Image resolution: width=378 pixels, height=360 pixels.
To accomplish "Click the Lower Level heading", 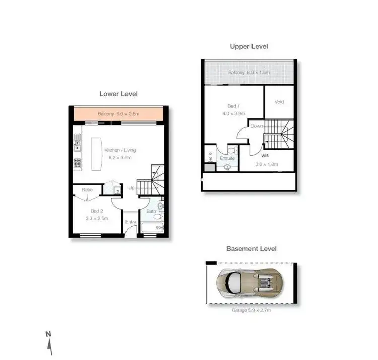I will click(118, 94).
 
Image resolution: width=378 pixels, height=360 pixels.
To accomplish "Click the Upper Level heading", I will click(249, 46).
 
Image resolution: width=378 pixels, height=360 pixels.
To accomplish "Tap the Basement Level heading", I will click(251, 248).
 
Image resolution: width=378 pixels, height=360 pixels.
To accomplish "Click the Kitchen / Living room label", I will click(120, 150).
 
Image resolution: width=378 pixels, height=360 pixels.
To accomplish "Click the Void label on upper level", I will click(279, 102).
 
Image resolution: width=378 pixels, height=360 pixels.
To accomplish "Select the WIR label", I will click(265, 156).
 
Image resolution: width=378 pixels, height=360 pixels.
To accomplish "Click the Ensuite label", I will click(227, 158).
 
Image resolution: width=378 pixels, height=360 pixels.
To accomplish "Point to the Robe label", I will click(86, 190).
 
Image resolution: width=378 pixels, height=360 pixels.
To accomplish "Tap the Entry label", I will click(131, 222).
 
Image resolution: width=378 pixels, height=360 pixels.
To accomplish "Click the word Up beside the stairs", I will click(131, 187).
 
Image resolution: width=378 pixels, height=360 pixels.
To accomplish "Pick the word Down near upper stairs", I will click(257, 126).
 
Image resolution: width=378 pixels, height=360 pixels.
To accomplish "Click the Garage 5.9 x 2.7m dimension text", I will click(250, 310).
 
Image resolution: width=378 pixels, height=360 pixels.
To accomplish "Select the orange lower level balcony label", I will click(118, 114).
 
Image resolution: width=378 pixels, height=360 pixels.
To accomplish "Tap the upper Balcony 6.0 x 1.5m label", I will click(248, 73).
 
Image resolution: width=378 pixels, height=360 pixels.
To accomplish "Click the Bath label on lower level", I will click(151, 211).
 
